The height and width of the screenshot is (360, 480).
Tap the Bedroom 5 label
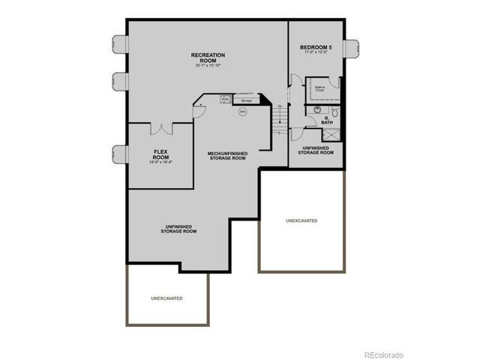(316, 48)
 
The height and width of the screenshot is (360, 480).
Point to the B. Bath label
(328, 120)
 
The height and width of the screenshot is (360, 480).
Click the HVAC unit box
(225, 98)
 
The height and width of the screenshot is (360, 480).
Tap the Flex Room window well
(118, 153)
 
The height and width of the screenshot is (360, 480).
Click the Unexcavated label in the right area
(301, 221)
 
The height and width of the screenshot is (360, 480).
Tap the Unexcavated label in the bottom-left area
(166, 298)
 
